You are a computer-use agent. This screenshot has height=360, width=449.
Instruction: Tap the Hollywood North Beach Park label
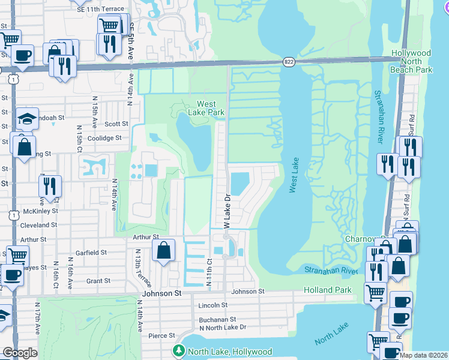tap(412, 61)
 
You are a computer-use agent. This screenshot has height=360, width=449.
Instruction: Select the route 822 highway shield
tap(289, 61)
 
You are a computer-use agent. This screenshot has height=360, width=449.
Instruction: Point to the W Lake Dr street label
tap(228, 211)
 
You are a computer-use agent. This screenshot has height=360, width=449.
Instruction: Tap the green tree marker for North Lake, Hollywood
tap(179, 350)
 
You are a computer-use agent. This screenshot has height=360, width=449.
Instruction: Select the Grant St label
tap(98, 280)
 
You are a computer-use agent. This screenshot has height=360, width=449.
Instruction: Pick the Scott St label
tap(116, 124)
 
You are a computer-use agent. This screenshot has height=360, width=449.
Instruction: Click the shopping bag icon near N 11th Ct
tap(163, 251)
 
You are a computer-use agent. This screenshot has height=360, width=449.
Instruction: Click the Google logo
tap(20, 353)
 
